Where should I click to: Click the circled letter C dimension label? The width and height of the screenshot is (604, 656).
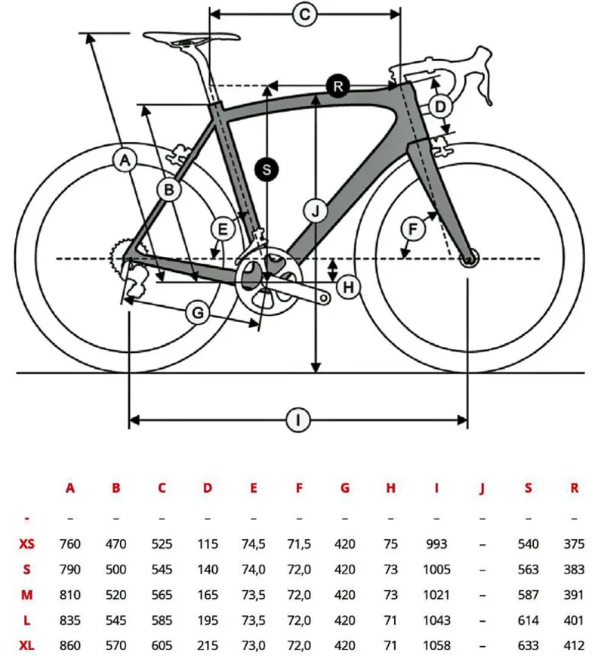pyautogui.click(x=304, y=14)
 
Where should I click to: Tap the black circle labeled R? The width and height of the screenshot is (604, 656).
pyautogui.click(x=337, y=85)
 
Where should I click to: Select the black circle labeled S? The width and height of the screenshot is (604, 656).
pyautogui.click(x=267, y=170)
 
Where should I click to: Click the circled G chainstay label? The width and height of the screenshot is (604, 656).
pyautogui.click(x=198, y=312)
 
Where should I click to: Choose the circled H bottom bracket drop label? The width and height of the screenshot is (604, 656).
pyautogui.click(x=348, y=287)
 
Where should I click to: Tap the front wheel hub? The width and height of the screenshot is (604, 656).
pyautogui.click(x=468, y=259)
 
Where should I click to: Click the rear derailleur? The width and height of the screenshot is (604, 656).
pyautogui.click(x=136, y=281)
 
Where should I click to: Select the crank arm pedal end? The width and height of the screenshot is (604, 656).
pyautogui.click(x=325, y=299)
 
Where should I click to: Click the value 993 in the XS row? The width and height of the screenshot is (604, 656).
pyautogui.click(x=436, y=544)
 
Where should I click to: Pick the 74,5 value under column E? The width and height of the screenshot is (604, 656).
pyautogui.click(x=254, y=544)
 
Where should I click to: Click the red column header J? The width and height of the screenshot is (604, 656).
pyautogui.click(x=482, y=488)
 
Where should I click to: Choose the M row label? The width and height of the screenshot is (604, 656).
pyautogui.click(x=27, y=595)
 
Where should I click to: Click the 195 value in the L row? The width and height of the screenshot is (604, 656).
pyautogui.click(x=208, y=620)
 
